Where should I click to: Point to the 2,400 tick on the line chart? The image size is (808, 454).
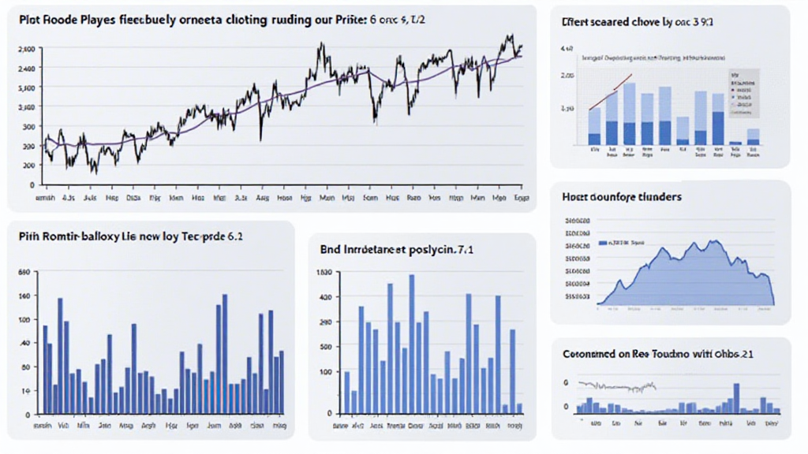[x=25, y=69]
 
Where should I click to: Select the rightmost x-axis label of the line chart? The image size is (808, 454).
[x=520, y=199]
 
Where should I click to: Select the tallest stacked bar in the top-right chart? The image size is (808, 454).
[x=629, y=114]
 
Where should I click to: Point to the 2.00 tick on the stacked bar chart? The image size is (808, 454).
[x=567, y=76]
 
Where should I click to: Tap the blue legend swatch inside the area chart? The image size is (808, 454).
[x=607, y=243]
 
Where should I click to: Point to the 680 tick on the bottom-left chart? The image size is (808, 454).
[x=23, y=273]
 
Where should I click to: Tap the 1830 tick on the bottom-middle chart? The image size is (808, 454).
[x=324, y=274]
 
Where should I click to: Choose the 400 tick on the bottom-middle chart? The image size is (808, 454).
[x=325, y=297]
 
